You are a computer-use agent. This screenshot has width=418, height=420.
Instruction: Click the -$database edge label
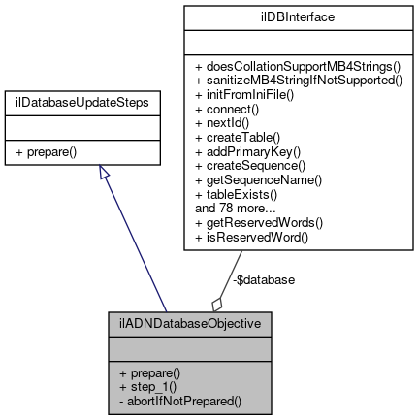point(265,279)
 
